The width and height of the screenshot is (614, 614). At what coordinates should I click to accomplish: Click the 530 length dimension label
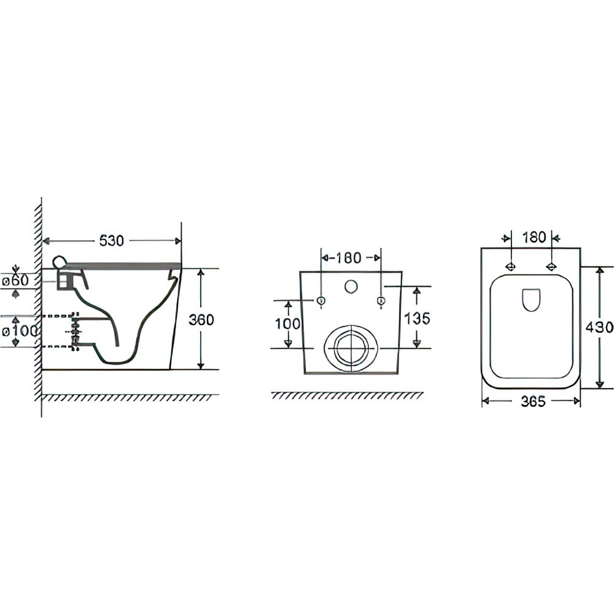112,241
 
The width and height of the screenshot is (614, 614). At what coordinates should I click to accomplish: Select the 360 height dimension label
201,319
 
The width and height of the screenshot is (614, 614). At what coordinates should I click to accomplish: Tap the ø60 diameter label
16,281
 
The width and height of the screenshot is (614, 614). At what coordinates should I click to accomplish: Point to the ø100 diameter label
20,332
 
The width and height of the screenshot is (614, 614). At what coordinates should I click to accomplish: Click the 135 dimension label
418,318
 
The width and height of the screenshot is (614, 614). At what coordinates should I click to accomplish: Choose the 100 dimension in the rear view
288,324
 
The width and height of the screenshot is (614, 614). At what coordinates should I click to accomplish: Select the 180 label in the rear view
349,258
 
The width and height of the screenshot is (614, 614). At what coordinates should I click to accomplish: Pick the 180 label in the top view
535,237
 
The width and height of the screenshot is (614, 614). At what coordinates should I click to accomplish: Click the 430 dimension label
599,327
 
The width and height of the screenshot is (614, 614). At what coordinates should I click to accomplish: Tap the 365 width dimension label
533,401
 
